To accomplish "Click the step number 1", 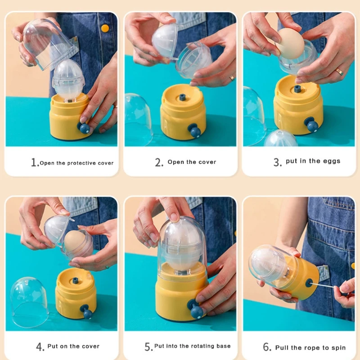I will (35, 162).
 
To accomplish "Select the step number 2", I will (159, 162).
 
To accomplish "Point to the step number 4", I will (40, 346).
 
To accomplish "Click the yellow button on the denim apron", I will (105, 28).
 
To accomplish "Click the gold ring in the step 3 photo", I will (339, 72).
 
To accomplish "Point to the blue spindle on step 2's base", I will (182, 97).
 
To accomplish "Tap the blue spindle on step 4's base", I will (76, 280).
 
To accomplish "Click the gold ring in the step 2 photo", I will (232, 77).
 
